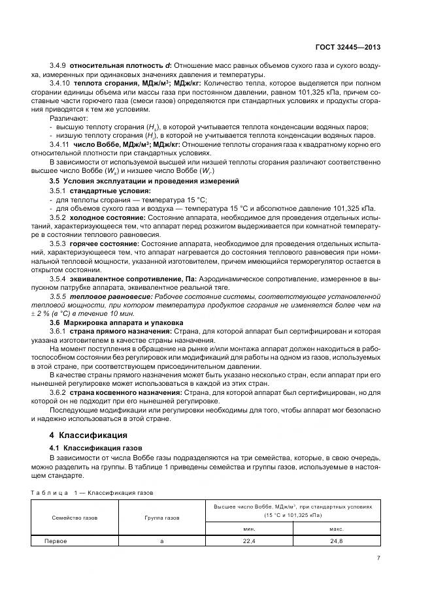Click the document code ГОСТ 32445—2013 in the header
[350, 48]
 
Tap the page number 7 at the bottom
[379, 558]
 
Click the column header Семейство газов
[75, 517]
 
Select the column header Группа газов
[161, 517]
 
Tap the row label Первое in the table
[56, 541]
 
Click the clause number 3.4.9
[59, 67]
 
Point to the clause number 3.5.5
[59, 296]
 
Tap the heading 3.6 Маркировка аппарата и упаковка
[116, 323]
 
